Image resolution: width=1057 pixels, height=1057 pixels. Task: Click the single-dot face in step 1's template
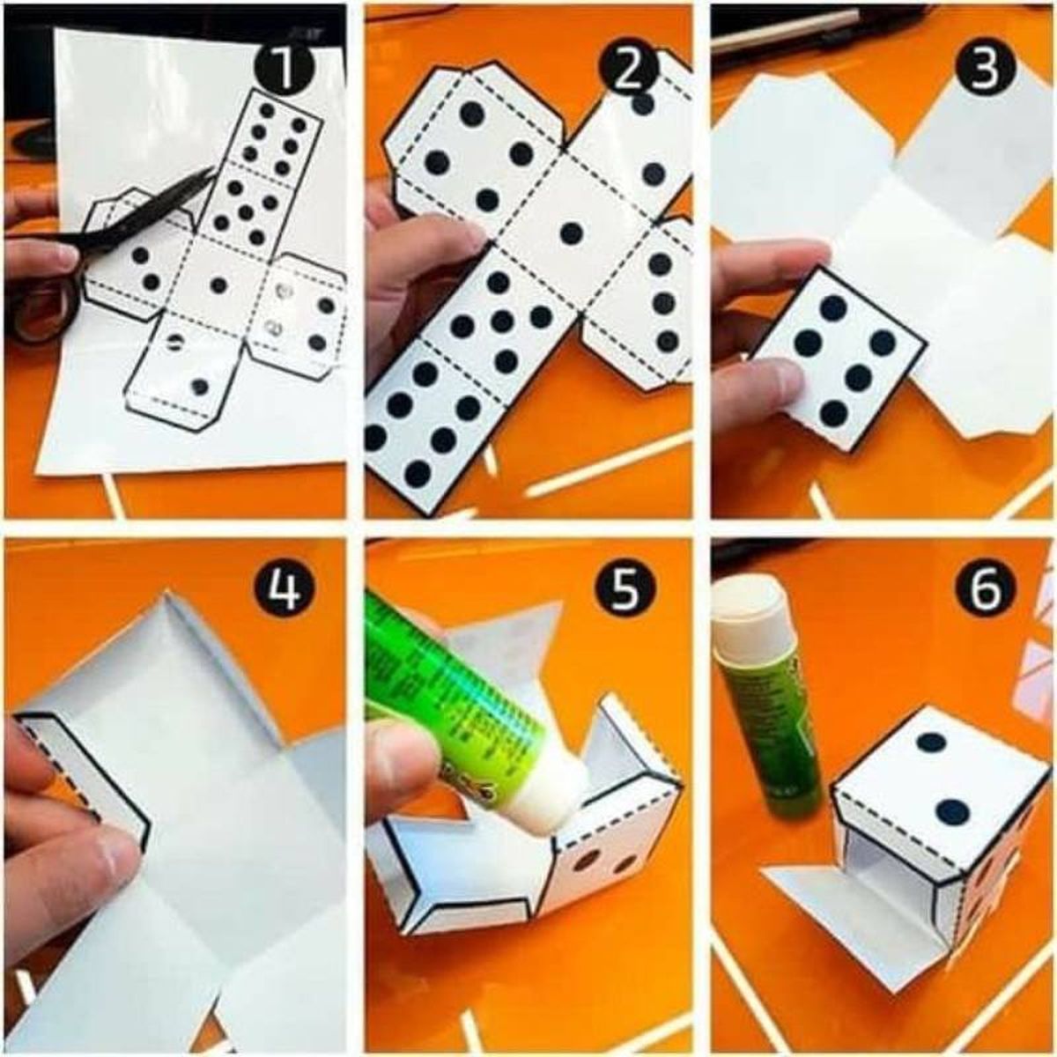tap(219, 285)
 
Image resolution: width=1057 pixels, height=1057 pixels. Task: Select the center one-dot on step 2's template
tap(572, 233)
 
